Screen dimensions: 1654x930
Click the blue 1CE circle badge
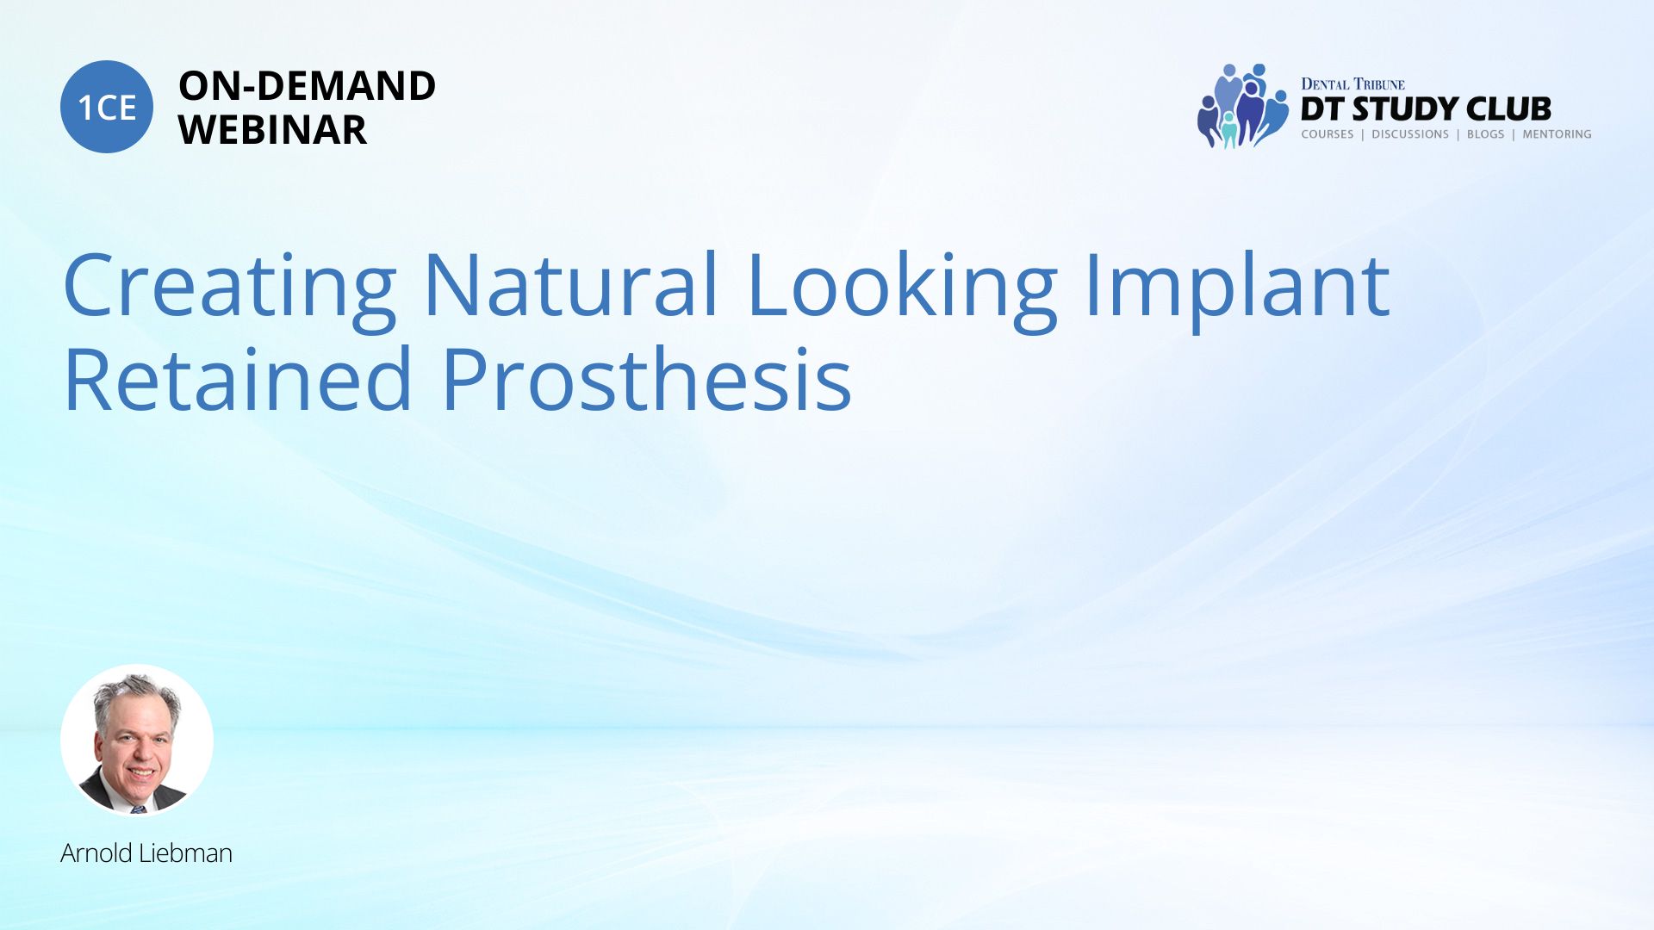107,107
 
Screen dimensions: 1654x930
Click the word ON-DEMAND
307,86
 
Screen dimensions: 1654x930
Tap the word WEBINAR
272,130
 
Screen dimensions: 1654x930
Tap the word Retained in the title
239,378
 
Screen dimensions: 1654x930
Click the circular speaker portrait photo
137,741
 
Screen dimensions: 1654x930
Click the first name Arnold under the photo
97,852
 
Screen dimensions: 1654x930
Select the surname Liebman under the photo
186,852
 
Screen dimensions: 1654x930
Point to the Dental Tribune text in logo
1352,84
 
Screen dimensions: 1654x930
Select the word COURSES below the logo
1328,134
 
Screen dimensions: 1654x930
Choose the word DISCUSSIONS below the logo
1410,134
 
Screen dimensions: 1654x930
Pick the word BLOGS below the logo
1485,134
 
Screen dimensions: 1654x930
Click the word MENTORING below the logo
1557,134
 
